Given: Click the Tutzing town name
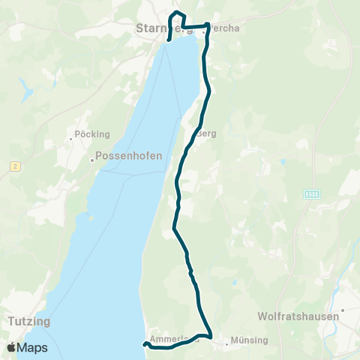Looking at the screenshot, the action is tap(28, 321).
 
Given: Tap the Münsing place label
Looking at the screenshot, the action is tap(250, 340).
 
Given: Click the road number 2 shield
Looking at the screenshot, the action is tap(14, 165).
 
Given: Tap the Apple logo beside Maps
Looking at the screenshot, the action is tap(11, 347).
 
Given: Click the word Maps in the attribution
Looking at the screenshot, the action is tap(33, 347).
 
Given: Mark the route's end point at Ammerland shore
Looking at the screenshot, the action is tap(143, 344).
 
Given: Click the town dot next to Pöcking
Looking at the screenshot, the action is tap(73, 135).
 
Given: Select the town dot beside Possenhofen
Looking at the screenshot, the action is tap(92, 159).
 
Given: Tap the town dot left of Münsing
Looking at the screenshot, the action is tap(226, 345).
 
